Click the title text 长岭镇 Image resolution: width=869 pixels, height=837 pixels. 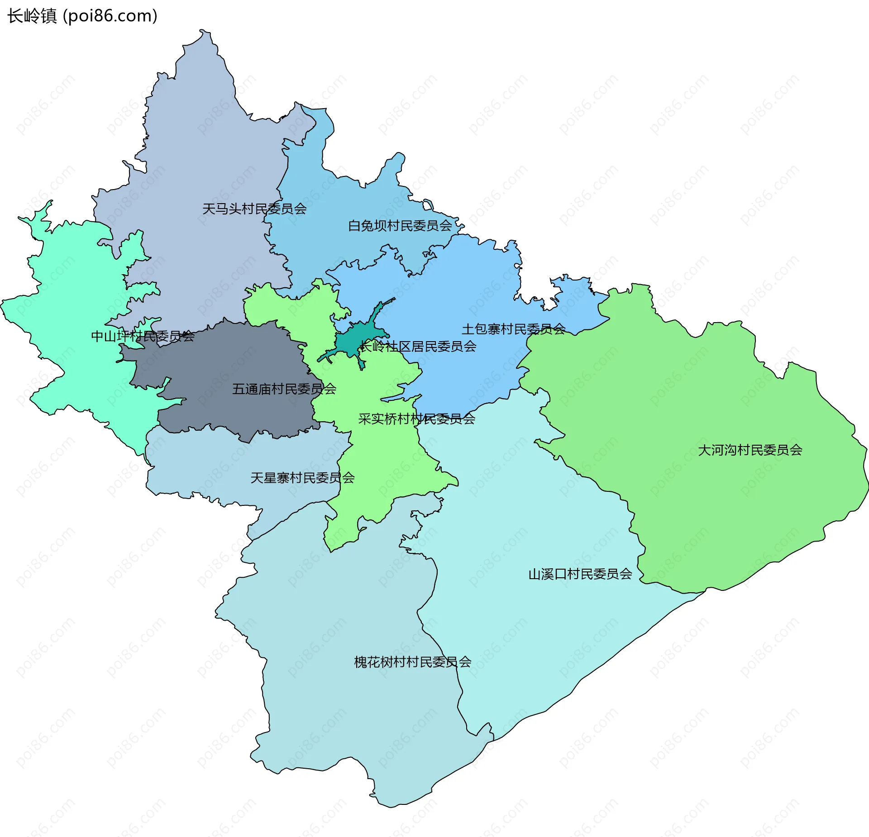point(32,16)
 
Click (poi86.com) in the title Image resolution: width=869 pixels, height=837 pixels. point(110,16)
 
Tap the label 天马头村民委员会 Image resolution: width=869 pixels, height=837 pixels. point(254,209)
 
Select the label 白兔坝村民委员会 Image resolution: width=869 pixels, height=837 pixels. point(400,226)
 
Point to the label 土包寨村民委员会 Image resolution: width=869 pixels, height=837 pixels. point(514,329)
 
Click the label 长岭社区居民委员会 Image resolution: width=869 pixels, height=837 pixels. point(418,347)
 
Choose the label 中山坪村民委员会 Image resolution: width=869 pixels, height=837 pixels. point(143,337)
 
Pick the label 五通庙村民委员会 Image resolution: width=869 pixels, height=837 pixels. point(284,390)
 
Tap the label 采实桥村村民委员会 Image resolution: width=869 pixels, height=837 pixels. point(416,419)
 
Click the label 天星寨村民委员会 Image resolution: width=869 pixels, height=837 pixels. point(302,478)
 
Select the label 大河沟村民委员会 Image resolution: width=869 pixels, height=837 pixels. point(750,451)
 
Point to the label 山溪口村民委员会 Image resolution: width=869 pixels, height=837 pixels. point(580,575)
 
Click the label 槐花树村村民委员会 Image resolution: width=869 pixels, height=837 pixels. point(412,663)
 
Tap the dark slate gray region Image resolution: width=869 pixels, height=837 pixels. point(226,362)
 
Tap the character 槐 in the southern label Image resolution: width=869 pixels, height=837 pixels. point(360,663)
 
